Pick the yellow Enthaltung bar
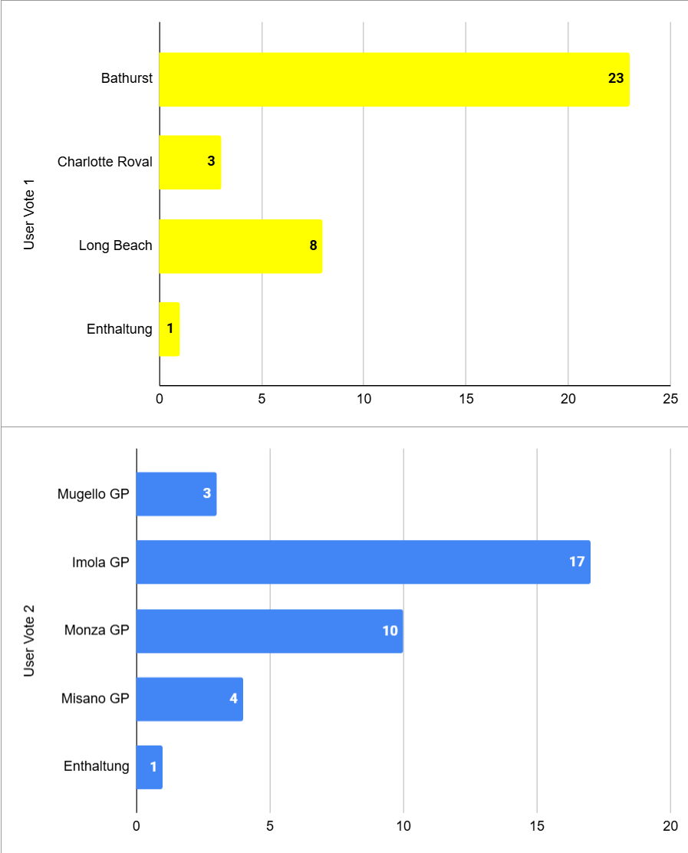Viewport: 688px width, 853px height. point(170,329)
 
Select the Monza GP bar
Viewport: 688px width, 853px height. point(269,631)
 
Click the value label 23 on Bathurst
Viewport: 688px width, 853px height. point(616,78)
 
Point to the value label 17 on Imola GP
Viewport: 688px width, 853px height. point(577,562)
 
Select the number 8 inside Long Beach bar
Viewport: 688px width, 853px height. point(313,245)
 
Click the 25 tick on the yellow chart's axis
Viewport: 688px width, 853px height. point(670,399)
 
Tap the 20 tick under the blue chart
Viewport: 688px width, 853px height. point(670,826)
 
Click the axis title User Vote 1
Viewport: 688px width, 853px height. point(30,214)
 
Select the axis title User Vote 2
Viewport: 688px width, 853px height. point(30,641)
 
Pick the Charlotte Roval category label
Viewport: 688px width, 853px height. point(105,162)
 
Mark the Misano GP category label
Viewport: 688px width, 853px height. point(95,699)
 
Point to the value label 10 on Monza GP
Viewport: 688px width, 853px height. point(390,631)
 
